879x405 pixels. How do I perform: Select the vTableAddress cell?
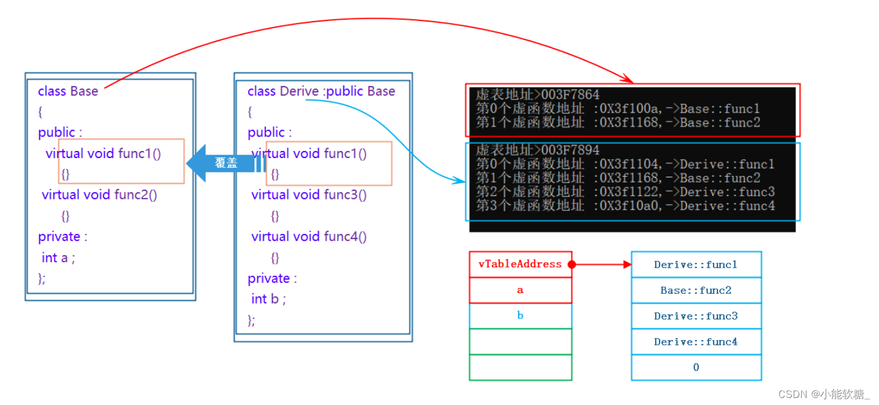coord(520,265)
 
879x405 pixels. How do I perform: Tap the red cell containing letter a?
coord(520,290)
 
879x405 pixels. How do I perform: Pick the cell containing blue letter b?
coord(520,316)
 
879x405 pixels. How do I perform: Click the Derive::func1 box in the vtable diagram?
coord(696,265)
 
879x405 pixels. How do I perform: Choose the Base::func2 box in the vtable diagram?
coord(696,290)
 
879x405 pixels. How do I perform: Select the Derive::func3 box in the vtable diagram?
coord(696,316)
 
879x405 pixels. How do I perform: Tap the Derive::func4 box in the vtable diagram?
coord(696,342)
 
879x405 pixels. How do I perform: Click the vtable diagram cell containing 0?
coord(696,368)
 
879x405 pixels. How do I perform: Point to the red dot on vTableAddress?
coord(572,265)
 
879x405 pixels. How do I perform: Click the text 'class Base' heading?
coord(68,91)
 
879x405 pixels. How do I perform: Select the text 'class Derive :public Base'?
coord(321,91)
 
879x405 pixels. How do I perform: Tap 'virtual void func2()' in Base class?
coord(99,195)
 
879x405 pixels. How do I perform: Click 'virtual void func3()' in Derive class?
coord(309,195)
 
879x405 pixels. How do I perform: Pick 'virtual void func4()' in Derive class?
coord(309,236)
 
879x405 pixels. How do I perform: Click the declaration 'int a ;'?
coord(58,258)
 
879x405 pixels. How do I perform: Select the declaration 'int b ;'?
coord(268,299)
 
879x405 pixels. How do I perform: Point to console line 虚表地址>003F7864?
coord(537,95)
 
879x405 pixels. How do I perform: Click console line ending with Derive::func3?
coord(625,192)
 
